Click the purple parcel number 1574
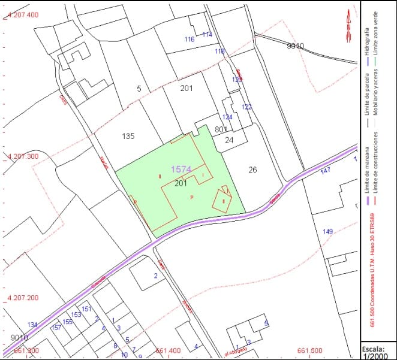pyautogui.click(x=181, y=170)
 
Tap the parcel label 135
pyautogui.click(x=128, y=136)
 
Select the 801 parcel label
pyautogui.click(x=221, y=129)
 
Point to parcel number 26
pyautogui.click(x=252, y=170)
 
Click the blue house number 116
pyautogui.click(x=190, y=40)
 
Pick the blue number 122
pyautogui.click(x=246, y=107)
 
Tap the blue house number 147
pyautogui.click(x=326, y=171)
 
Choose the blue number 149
pyautogui.click(x=327, y=232)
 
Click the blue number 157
pyautogui.click(x=56, y=328)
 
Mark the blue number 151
pyautogui.click(x=86, y=309)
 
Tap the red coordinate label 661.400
pyautogui.click(x=167, y=350)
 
